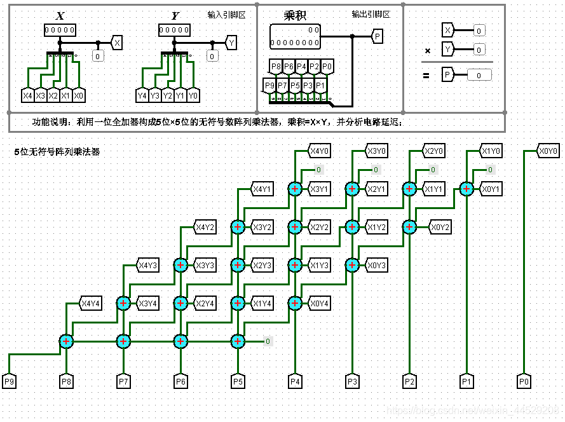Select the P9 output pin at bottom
10,381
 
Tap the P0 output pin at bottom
524,381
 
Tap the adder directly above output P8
67,341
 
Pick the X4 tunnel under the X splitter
27,96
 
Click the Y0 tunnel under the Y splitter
193,96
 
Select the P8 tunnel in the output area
276,66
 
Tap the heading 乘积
296,16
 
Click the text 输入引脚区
226,14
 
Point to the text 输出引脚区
371,14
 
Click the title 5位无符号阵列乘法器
57,153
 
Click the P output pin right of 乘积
378,37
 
